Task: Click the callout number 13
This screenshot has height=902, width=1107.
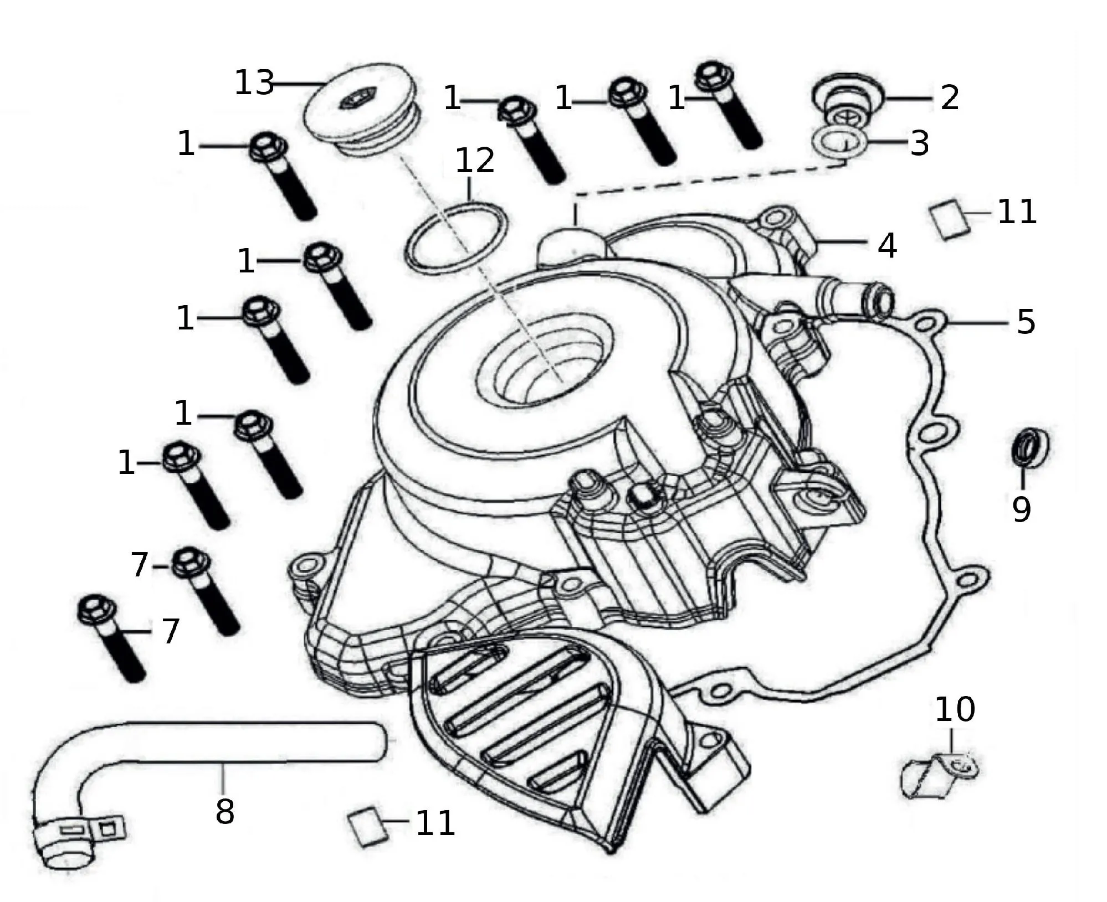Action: point(254,84)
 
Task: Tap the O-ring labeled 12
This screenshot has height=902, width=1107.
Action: point(456,237)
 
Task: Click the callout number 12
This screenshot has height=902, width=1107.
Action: point(475,161)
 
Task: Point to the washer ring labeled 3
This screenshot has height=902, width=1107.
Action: point(839,141)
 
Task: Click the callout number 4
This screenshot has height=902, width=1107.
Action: point(887,245)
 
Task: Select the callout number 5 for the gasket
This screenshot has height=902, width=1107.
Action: point(1026,322)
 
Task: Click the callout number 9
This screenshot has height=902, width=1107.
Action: point(1021,509)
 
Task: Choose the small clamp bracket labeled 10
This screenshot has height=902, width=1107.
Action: point(938,776)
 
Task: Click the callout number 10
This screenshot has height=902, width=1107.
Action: point(955,710)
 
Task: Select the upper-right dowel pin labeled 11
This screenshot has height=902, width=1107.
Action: point(950,220)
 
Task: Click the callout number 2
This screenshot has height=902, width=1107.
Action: point(950,97)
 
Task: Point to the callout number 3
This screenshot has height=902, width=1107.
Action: point(920,143)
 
